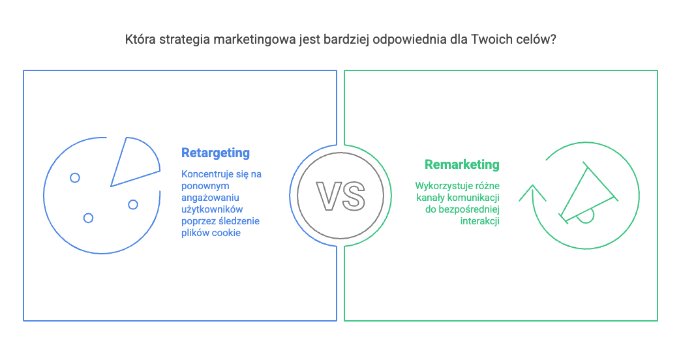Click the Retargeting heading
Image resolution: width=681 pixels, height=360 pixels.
pyautogui.click(x=215, y=153)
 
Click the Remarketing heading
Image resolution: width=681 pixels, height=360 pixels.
pyautogui.click(x=462, y=165)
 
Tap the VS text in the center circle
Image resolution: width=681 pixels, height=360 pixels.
pyautogui.click(x=340, y=196)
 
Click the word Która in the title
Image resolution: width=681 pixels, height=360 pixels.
pyautogui.click(x=140, y=40)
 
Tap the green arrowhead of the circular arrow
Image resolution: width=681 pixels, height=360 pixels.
pyautogui.click(x=532, y=193)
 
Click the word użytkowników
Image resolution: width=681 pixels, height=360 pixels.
pyautogui.click(x=212, y=209)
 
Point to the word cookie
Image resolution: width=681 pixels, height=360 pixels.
pyautogui.click(x=226, y=233)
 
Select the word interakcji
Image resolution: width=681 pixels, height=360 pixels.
pyautogui.click(x=480, y=221)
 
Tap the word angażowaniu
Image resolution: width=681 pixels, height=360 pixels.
pyautogui.click(x=210, y=198)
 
